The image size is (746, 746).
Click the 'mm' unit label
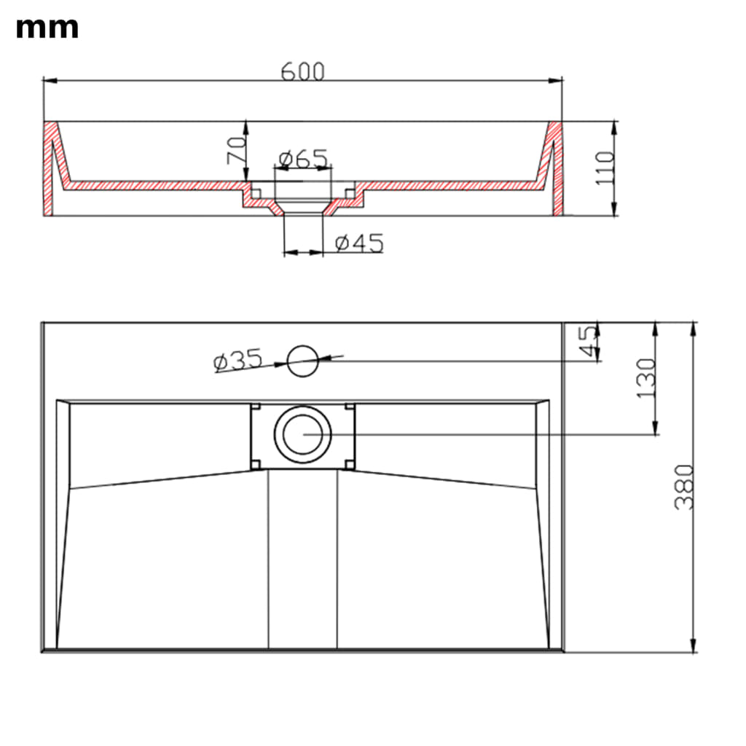pyautogui.click(x=47, y=28)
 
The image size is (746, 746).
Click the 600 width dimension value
pyautogui.click(x=302, y=71)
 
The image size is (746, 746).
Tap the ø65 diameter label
pyautogui.click(x=302, y=158)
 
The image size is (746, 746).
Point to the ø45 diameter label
pyautogui.click(x=359, y=243)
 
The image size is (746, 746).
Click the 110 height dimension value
pyautogui.click(x=605, y=168)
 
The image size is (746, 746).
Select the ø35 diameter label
pyautogui.click(x=237, y=360)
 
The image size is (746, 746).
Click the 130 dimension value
pyautogui.click(x=646, y=378)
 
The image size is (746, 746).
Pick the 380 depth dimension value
pyautogui.click(x=683, y=487)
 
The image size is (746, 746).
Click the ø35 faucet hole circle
pyautogui.click(x=302, y=361)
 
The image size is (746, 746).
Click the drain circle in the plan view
pyautogui.click(x=302, y=433)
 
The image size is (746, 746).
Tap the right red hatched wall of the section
pyautogui.click(x=556, y=168)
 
